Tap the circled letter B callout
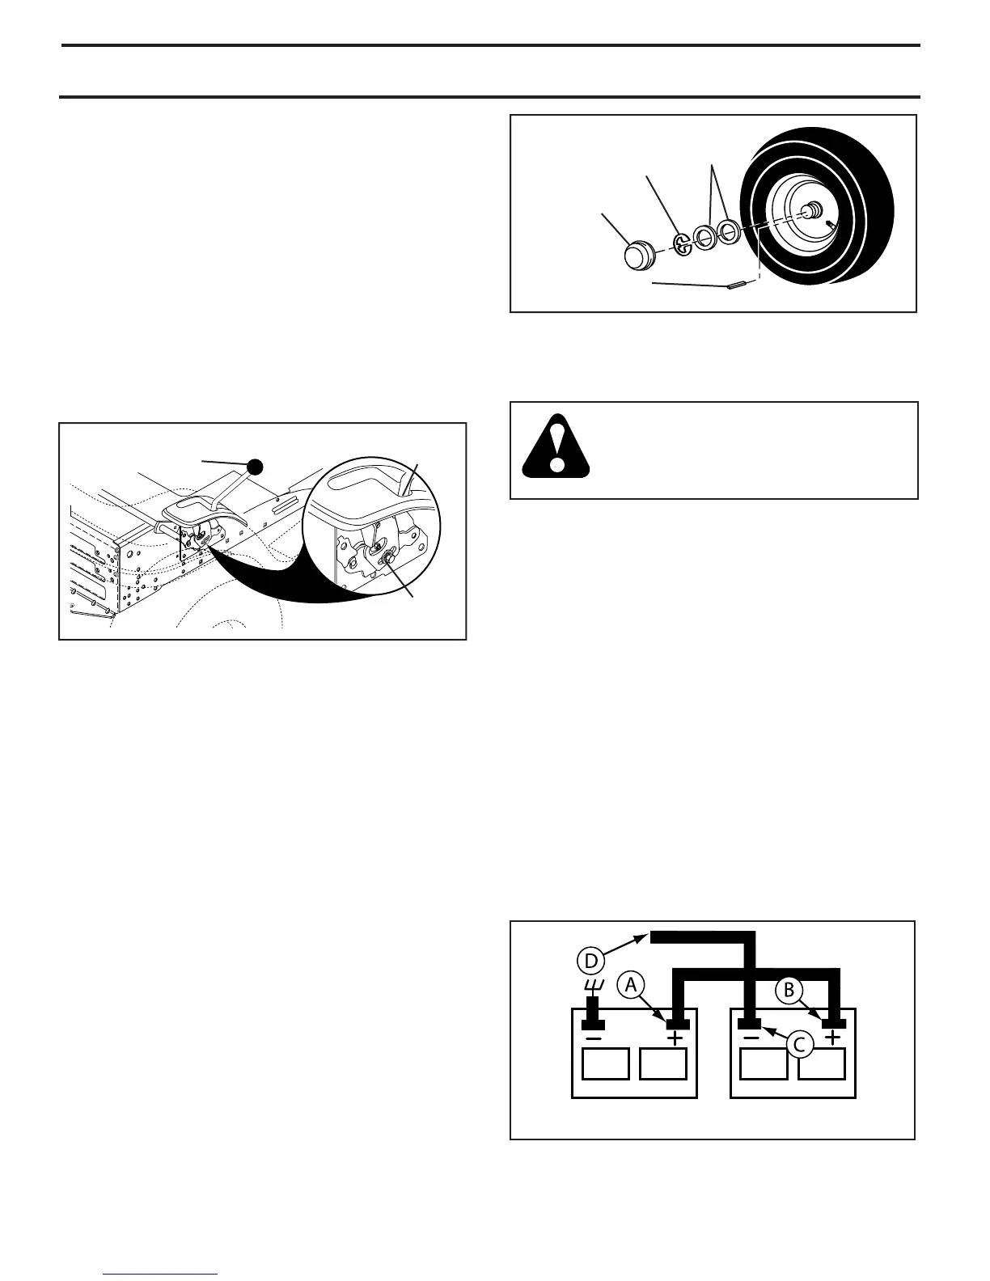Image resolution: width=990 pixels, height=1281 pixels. [x=790, y=990]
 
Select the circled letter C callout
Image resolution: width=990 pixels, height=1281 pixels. [x=798, y=1044]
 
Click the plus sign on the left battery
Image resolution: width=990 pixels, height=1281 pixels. [x=675, y=1038]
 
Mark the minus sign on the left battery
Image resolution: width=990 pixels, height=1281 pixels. [x=594, y=1038]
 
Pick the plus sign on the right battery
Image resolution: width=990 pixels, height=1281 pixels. [x=832, y=1038]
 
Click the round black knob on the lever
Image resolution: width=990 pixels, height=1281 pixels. [x=256, y=467]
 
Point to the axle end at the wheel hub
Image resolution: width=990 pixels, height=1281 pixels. [x=807, y=210]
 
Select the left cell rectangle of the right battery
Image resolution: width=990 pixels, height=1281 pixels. [x=764, y=1063]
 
